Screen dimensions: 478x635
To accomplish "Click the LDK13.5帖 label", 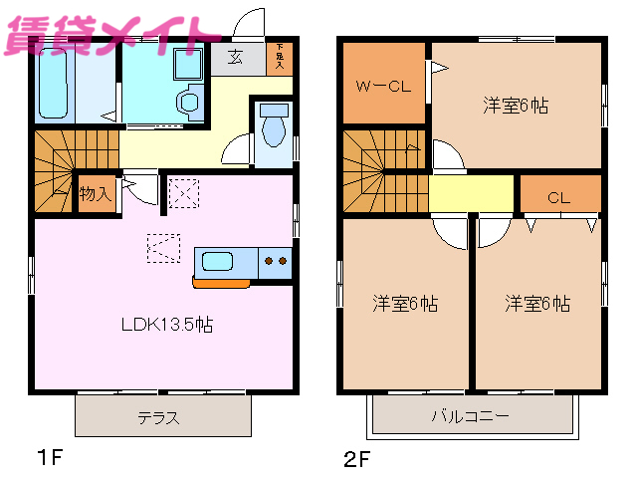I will click(166, 324).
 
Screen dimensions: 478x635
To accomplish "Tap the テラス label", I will click(159, 418).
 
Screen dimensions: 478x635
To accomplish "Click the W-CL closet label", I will click(384, 86).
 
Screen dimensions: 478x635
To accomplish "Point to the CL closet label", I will click(558, 197).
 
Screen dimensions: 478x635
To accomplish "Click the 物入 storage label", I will click(95, 193).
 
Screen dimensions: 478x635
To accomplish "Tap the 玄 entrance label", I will click(236, 58).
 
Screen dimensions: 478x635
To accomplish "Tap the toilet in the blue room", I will click(271, 130).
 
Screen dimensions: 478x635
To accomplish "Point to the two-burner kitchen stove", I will click(275, 262).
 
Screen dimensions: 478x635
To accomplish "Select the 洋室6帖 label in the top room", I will click(516, 104).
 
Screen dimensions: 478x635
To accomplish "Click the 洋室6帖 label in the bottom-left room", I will click(405, 303).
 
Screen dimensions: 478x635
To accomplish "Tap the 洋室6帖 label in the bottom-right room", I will click(536, 303).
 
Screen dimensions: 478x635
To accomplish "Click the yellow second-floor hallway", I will click(471, 192).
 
